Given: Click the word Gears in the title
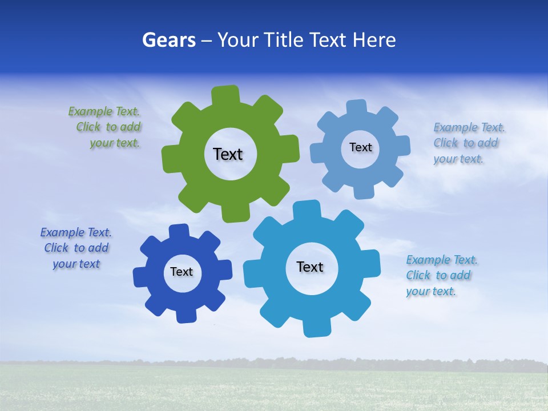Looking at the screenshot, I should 168,41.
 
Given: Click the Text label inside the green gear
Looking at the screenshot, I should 228,154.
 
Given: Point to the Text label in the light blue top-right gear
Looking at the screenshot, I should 360,147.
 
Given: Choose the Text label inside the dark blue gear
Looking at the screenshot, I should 182,272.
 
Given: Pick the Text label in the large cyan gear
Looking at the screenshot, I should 310,267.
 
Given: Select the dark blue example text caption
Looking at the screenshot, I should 76,248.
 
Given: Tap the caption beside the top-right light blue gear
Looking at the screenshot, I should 468,143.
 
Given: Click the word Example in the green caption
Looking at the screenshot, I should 90,111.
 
